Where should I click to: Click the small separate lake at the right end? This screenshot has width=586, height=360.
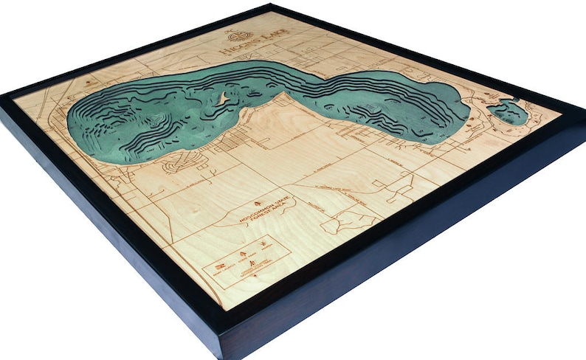(x=509, y=113)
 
